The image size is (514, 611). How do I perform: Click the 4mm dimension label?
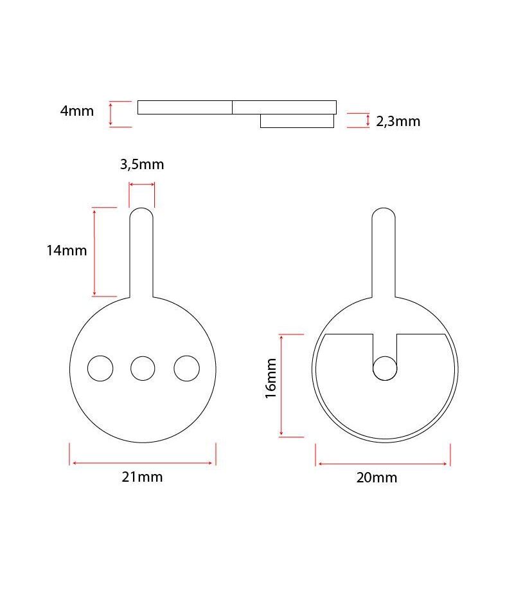tap(77, 111)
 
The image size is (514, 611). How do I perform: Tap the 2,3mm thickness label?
tap(398, 122)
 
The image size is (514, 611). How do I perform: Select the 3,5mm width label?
tap(142, 165)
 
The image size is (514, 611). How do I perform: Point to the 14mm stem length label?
tap(67, 250)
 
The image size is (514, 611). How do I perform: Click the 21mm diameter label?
tap(142, 477)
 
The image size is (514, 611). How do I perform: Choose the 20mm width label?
tap(377, 478)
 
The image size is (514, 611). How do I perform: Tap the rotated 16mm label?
tap(270, 378)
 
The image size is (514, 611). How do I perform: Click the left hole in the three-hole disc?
tap(100, 369)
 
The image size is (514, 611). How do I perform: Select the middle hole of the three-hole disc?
tap(143, 369)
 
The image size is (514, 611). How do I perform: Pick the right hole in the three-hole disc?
tap(187, 369)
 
